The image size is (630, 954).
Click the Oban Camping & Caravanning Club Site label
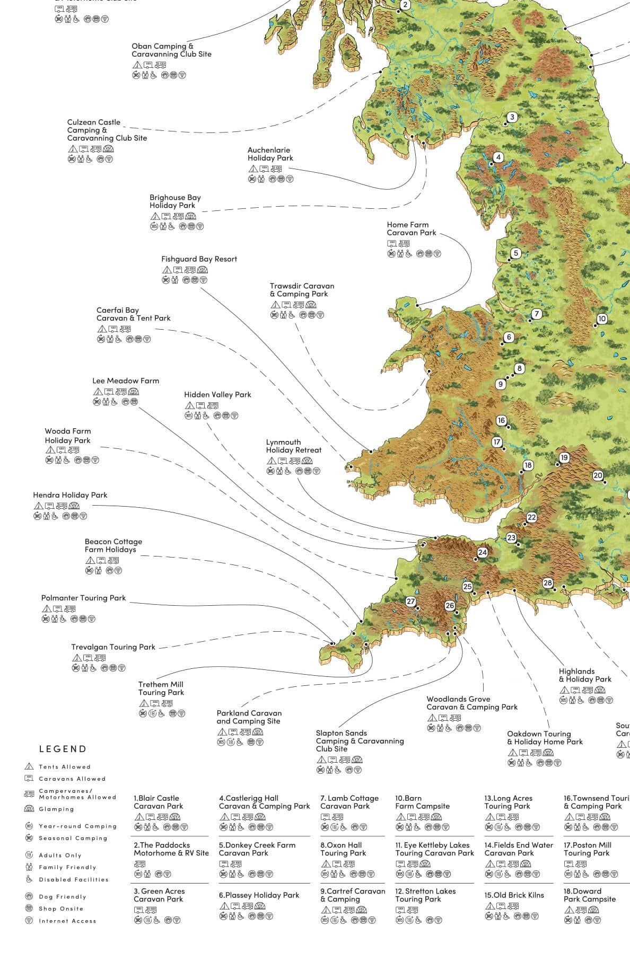pyautogui.click(x=171, y=50)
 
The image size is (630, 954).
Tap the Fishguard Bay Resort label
pyautogui.click(x=199, y=259)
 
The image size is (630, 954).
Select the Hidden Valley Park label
pyautogui.click(x=217, y=394)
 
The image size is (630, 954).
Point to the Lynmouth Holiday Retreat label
pyautogui.click(x=294, y=446)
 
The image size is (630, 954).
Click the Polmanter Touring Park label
pyautogui.click(x=84, y=598)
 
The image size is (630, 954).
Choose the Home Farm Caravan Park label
pyautogui.click(x=412, y=228)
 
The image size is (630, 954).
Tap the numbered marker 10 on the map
pyautogui.click(x=601, y=319)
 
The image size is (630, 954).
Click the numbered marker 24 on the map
pyautogui.click(x=482, y=552)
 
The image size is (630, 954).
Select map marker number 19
pyautogui.click(x=564, y=457)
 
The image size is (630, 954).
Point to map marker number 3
pyautogui.click(x=512, y=117)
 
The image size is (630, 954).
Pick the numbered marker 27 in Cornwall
pyautogui.click(x=410, y=601)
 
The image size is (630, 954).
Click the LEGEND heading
pyautogui.click(x=63, y=749)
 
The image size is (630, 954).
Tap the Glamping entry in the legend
pyautogui.click(x=56, y=809)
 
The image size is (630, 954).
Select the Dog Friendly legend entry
pyautogui.click(x=62, y=897)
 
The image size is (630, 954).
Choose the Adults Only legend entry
pyautogui.click(x=60, y=855)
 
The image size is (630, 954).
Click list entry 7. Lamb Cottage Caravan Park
pyautogui.click(x=349, y=802)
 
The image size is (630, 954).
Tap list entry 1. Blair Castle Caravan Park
pyautogui.click(x=158, y=802)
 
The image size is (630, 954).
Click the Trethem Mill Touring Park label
pyautogui.click(x=161, y=688)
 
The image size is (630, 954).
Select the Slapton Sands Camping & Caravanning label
pyautogui.click(x=360, y=741)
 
